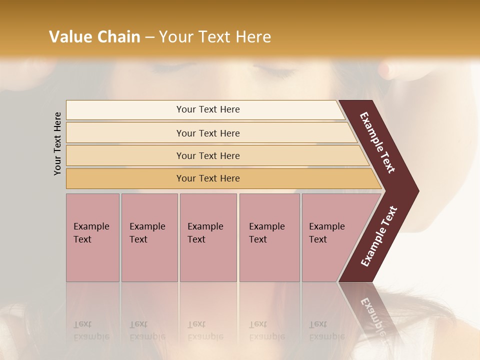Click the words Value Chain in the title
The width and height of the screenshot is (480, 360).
tap(94, 37)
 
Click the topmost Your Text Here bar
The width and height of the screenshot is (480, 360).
tap(207, 109)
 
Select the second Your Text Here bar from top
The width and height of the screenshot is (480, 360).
tap(207, 133)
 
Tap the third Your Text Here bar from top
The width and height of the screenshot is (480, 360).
tap(207, 155)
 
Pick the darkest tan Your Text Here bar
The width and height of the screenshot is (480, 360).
tap(207, 178)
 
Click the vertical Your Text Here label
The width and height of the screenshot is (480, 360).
tap(57, 143)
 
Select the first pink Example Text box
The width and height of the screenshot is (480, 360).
tap(92, 237)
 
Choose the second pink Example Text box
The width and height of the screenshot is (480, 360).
tap(149, 237)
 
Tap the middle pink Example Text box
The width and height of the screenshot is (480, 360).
tap(208, 237)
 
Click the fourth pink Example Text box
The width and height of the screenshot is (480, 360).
tap(269, 237)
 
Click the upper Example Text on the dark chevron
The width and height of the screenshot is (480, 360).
tap(377, 142)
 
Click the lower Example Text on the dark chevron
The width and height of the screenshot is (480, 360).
tap(379, 236)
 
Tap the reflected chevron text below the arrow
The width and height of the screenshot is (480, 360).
tap(372, 318)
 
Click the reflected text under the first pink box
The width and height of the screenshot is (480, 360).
tap(91, 330)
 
